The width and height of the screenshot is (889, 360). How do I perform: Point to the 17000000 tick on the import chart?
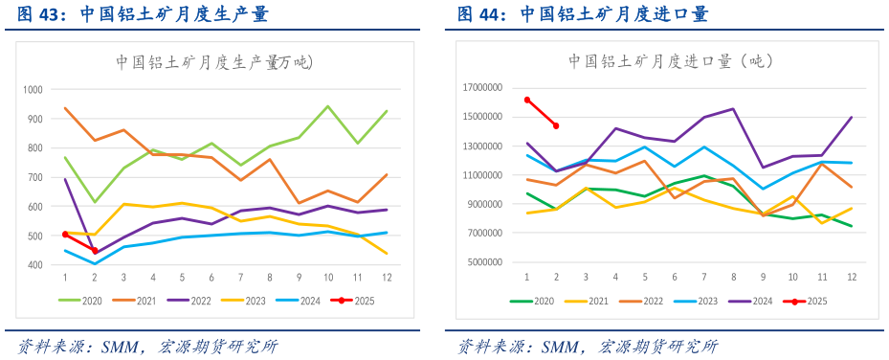click(484, 88)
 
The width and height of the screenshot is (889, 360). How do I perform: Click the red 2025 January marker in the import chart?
click(527, 100)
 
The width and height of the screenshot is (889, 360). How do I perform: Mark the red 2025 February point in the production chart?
click(95, 251)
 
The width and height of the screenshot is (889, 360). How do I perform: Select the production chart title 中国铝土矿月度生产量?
click(214, 62)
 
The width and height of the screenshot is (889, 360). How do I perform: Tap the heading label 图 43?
click(37, 14)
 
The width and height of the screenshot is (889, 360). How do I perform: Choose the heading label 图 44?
click(478, 14)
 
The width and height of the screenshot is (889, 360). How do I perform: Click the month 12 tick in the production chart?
click(387, 278)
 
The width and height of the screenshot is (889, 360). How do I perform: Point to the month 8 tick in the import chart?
click(733, 278)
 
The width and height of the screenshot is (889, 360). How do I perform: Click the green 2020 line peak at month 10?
click(328, 106)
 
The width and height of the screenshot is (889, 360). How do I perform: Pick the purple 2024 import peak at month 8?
click(733, 109)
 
